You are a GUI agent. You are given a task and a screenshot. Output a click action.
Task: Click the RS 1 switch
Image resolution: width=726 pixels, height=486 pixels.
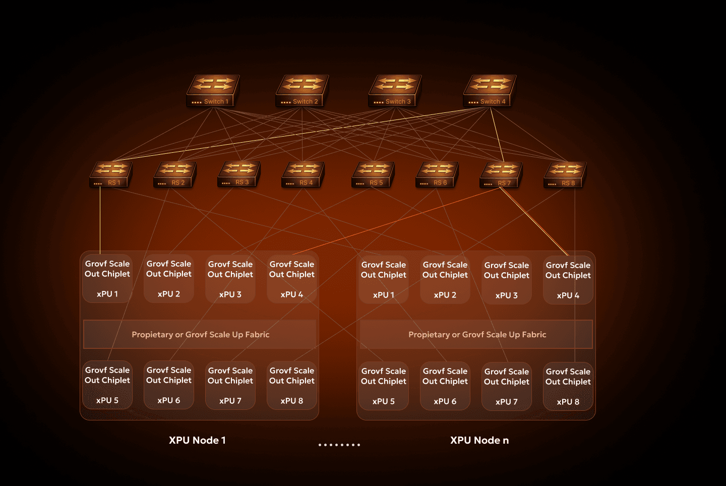111,174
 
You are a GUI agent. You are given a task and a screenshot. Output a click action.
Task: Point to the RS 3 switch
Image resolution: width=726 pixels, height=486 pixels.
239,174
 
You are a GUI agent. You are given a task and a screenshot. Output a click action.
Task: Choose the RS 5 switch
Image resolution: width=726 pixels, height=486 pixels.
373,174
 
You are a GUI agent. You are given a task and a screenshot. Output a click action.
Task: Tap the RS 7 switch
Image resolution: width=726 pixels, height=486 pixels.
501,175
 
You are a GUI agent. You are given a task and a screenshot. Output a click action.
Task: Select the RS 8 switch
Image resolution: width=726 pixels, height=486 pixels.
565,175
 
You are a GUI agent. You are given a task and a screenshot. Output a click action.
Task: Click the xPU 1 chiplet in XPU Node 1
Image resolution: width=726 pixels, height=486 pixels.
107,278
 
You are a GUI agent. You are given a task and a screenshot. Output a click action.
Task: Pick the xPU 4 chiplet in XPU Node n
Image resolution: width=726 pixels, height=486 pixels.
568,280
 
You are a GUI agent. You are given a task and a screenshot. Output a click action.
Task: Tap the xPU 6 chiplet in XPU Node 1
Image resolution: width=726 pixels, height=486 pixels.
169,385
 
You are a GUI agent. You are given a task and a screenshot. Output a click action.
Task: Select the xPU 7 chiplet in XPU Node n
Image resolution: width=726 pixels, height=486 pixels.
507,386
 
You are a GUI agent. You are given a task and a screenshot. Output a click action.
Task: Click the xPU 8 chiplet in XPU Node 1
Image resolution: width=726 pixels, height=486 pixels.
292,385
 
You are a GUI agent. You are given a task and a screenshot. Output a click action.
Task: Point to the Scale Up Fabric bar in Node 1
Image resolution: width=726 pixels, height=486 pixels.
200,334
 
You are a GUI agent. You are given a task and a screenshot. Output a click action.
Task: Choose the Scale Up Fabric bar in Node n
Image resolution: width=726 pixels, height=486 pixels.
476,334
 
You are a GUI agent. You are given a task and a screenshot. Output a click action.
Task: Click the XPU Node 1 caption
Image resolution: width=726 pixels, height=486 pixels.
197,440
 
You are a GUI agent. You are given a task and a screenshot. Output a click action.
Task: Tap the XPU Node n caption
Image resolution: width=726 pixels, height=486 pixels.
479,440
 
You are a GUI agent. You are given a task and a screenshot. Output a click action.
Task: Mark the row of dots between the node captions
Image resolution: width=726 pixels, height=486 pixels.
339,445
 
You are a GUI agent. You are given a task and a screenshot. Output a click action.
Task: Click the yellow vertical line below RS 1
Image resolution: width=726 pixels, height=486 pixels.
100,219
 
